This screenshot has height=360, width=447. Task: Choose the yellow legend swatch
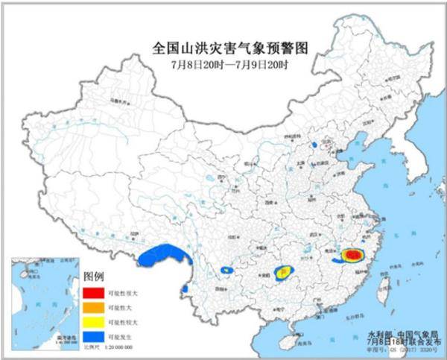click(93, 321)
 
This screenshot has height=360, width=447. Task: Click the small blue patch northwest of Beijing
click(315, 144)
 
